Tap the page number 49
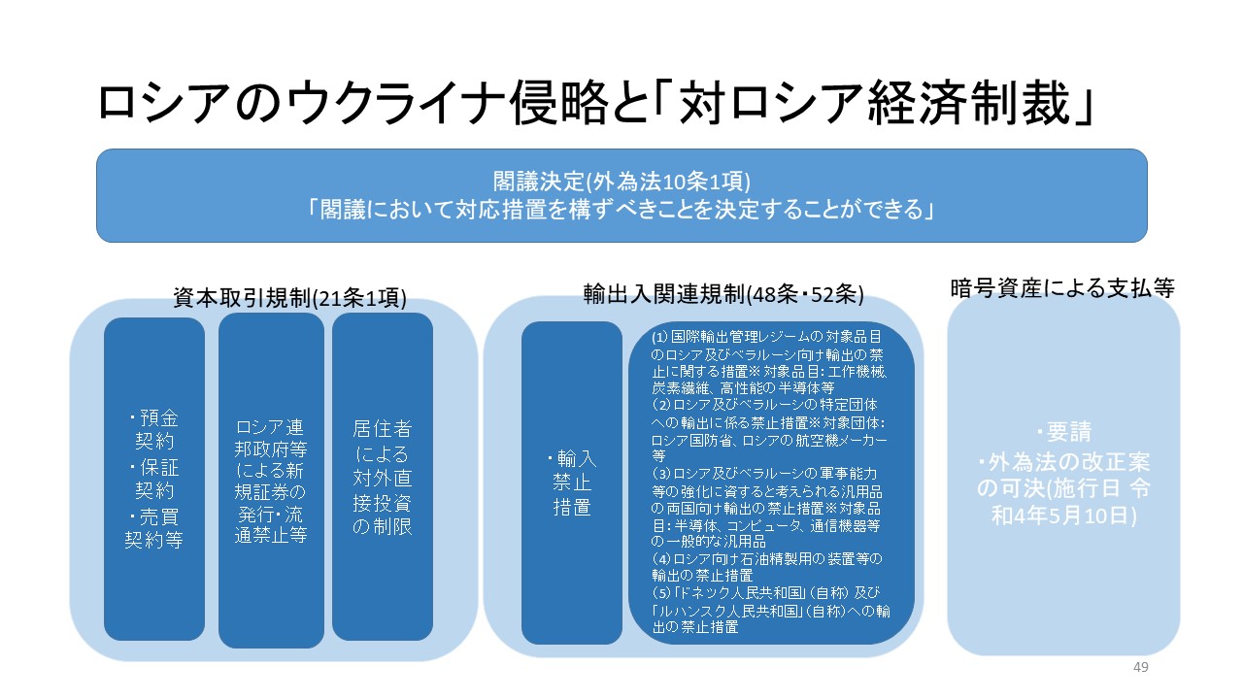tap(1141, 667)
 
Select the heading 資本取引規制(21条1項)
tap(289, 298)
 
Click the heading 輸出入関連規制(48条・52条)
tap(723, 292)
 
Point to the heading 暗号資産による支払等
tap(1062, 287)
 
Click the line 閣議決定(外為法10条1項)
tap(621, 182)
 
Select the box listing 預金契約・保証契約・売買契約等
tap(154, 480)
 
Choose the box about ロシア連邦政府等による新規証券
tap(271, 481)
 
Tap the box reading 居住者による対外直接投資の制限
tap(383, 477)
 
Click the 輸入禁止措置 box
tap(572, 482)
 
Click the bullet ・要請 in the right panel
tap(1062, 432)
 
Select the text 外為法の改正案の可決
tap(1062, 472)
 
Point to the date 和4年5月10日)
tap(1062, 515)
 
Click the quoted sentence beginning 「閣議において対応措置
tap(621, 209)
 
